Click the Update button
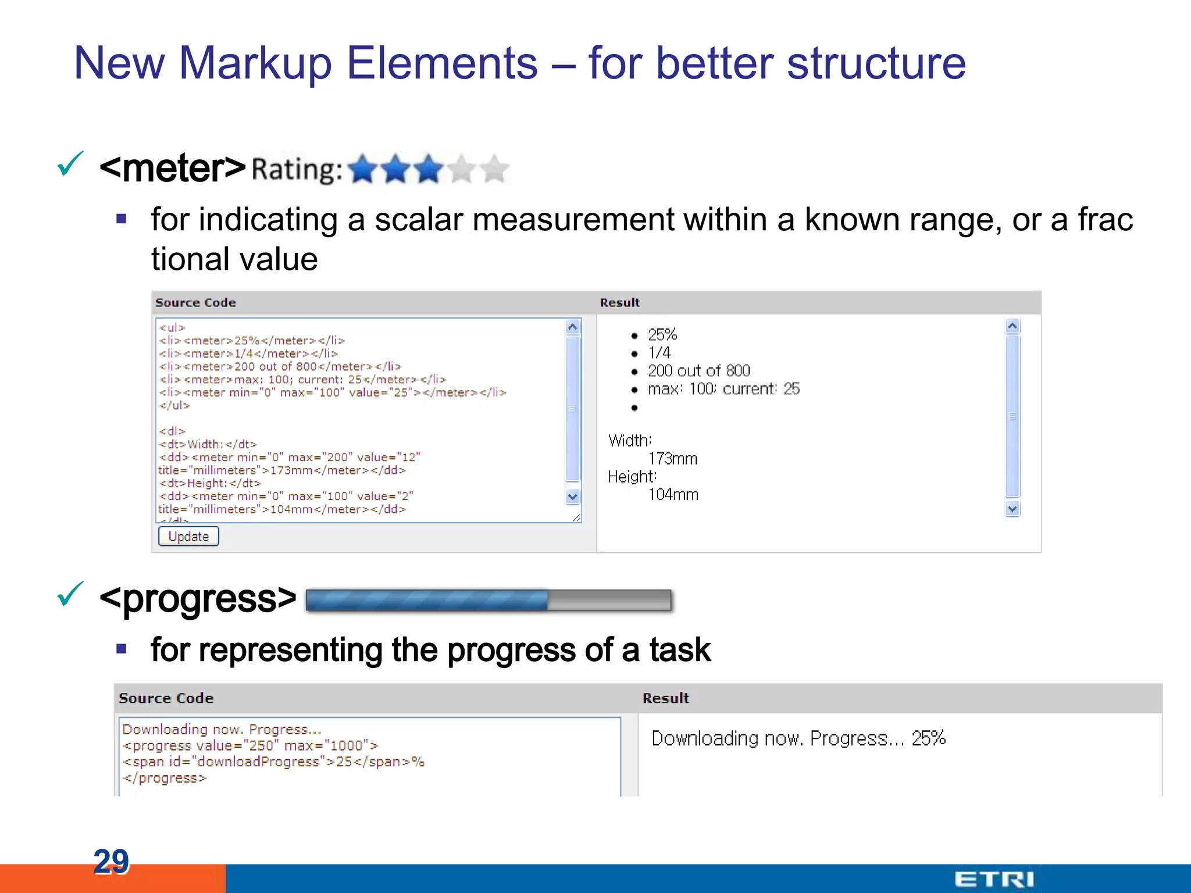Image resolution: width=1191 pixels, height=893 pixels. click(x=188, y=536)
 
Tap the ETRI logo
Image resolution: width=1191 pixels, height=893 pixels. click(x=994, y=878)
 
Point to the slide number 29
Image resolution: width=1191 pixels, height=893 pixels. click(x=111, y=861)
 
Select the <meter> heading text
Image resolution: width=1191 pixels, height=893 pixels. click(x=173, y=168)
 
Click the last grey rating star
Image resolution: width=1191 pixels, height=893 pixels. click(x=495, y=169)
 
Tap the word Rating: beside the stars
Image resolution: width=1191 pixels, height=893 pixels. click(x=297, y=170)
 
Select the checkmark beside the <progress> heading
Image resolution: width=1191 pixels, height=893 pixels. click(x=70, y=594)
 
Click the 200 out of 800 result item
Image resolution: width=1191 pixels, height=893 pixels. click(x=698, y=371)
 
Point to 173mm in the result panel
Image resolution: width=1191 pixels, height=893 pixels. click(x=673, y=459)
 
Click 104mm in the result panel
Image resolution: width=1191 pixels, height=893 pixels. click(x=673, y=495)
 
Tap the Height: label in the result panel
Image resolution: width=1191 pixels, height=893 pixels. click(x=632, y=477)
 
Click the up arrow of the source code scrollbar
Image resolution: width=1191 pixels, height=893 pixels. click(x=573, y=327)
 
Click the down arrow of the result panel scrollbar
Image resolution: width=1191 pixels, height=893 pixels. click(x=1012, y=509)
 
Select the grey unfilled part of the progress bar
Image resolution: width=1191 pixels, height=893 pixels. click(x=609, y=600)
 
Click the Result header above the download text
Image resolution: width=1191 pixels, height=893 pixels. click(x=665, y=698)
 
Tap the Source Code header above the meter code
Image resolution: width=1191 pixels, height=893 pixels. click(x=195, y=302)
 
